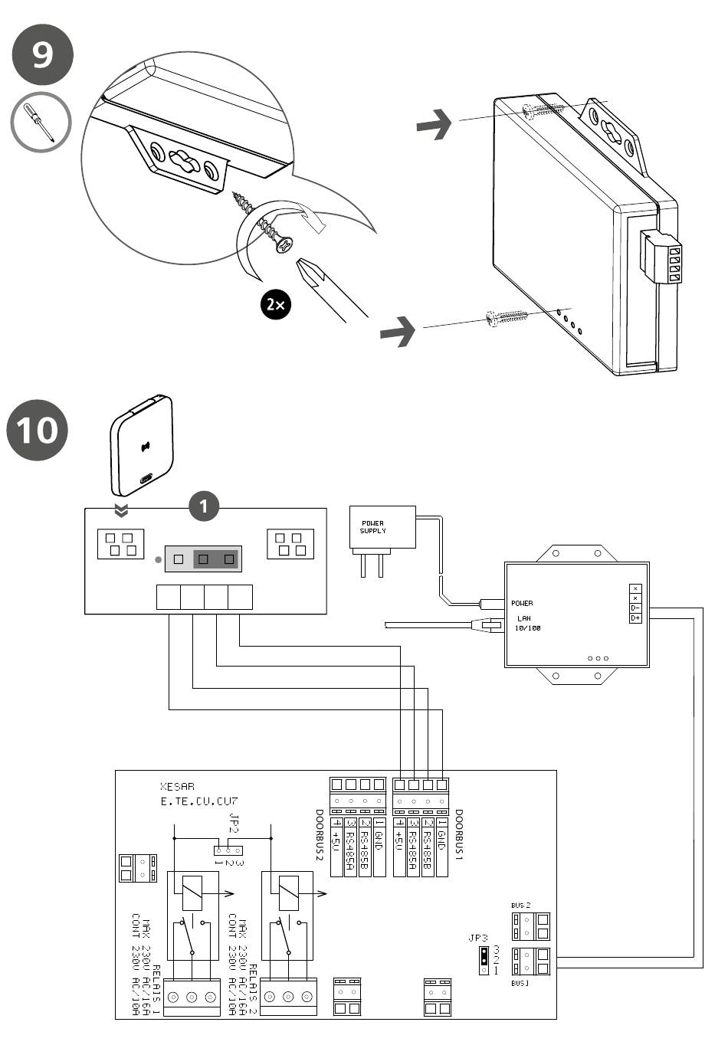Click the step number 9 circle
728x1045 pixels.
click(43, 54)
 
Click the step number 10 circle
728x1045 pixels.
click(37, 430)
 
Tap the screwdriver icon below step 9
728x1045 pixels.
click(41, 123)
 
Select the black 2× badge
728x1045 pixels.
click(276, 304)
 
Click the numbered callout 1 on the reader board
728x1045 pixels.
click(204, 506)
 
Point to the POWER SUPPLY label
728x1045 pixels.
click(373, 527)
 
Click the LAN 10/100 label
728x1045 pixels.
click(527, 623)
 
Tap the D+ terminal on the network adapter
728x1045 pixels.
click(635, 617)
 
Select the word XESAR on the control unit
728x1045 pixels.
click(177, 787)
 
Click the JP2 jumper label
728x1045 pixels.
click(234, 824)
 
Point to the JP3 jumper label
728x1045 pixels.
click(478, 938)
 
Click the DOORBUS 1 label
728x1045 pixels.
click(459, 835)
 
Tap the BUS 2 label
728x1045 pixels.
click(521, 906)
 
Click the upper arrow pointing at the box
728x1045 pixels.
click(434, 124)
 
